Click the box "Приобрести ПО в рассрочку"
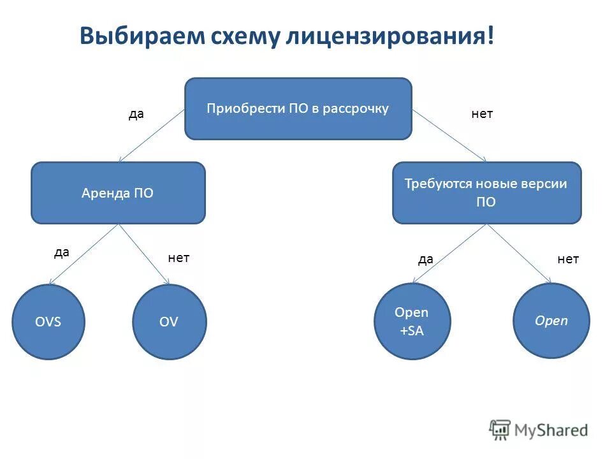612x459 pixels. point(298,108)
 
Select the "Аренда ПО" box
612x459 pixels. point(118,193)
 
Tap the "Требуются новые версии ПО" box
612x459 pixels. point(486,193)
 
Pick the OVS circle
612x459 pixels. point(48,321)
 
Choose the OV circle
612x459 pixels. point(169,321)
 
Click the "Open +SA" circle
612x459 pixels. point(412,321)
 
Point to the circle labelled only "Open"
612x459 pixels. point(551,320)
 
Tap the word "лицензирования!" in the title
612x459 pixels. point(390,36)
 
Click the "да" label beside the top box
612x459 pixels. point(136,114)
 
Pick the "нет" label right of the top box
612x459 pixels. point(482,114)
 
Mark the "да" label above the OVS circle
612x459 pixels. point(61,252)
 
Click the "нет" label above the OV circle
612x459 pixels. point(178,258)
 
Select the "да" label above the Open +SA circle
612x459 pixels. point(426,259)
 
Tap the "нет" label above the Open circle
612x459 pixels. point(568,259)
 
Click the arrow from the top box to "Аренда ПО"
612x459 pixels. point(152,135)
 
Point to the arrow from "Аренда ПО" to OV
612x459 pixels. point(144,254)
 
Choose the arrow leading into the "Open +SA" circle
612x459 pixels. point(450,253)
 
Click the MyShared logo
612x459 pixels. point(539,430)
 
